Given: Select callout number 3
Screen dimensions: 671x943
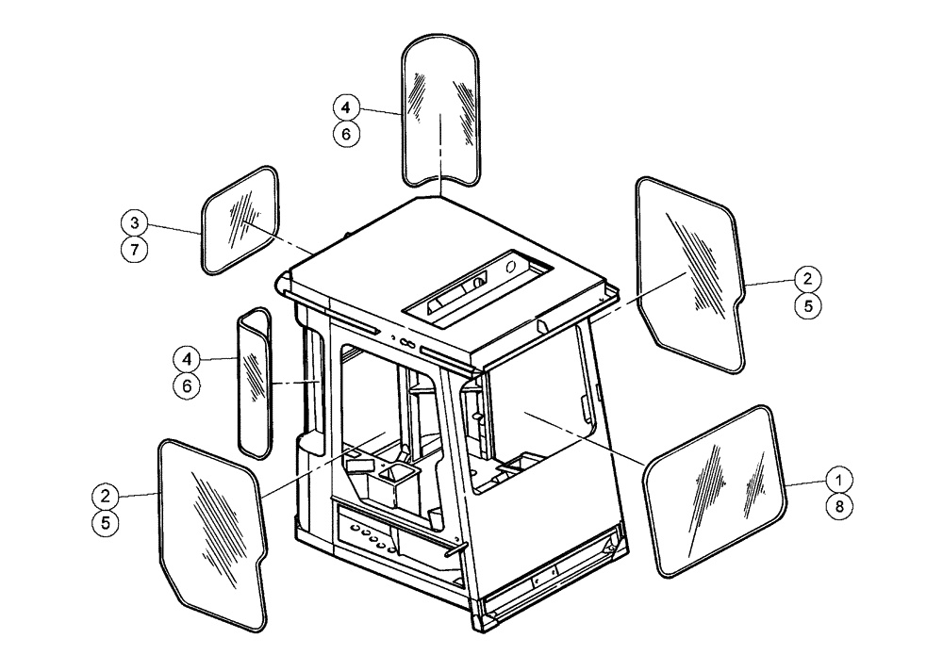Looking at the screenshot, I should tap(135, 223).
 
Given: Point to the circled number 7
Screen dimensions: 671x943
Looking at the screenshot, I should tap(135, 251).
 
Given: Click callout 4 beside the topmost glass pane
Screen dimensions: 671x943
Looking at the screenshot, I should tap(347, 107).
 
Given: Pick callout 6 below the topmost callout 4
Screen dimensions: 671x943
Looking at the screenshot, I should tap(347, 134).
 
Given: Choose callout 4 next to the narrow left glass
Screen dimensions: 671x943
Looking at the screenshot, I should tap(187, 359).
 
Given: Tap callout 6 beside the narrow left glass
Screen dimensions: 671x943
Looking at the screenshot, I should tap(187, 385).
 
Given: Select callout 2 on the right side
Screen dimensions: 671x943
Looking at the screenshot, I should tap(806, 279).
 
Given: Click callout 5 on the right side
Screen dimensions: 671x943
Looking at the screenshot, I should tap(806, 305).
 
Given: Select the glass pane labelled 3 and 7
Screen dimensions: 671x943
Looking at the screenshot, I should tap(242, 221).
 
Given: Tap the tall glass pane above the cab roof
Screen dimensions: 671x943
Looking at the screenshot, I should tap(442, 108).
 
